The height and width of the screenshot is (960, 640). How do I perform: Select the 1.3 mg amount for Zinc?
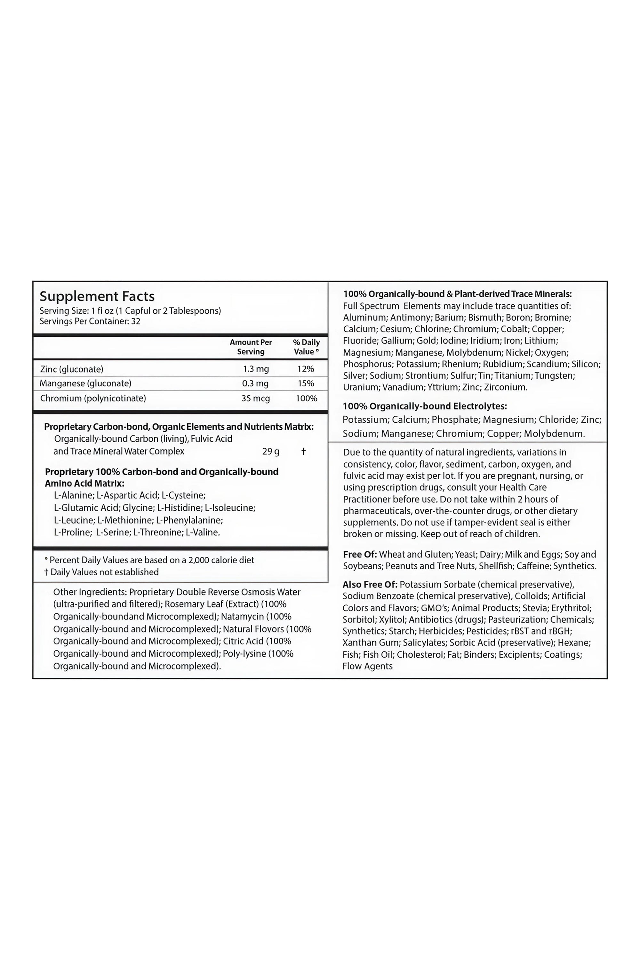point(256,369)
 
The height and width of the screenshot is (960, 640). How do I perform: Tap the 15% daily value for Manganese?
point(306,383)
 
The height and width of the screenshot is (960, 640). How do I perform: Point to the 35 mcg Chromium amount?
point(255,398)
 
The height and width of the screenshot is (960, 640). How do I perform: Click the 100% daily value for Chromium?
point(306,398)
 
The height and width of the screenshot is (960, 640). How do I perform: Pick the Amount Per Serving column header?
point(251,347)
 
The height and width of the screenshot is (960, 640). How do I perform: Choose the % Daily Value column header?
point(306,347)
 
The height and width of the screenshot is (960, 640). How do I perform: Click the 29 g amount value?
point(271,452)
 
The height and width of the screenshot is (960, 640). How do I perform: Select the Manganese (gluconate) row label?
point(85,383)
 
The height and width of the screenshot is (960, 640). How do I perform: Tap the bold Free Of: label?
point(360,554)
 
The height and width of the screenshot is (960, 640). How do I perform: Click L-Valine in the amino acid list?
point(203,532)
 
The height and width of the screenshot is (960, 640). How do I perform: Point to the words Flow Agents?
point(367,666)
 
